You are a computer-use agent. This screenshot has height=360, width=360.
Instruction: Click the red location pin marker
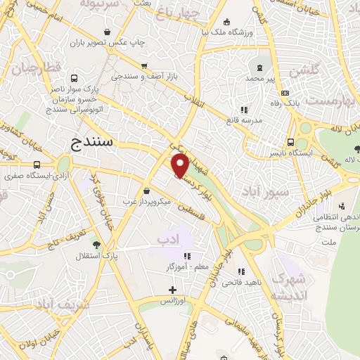[x=180, y=165]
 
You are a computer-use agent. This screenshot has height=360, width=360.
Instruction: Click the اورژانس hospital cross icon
[x=173, y=290]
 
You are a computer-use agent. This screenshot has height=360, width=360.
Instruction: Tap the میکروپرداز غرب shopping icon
[x=146, y=191]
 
